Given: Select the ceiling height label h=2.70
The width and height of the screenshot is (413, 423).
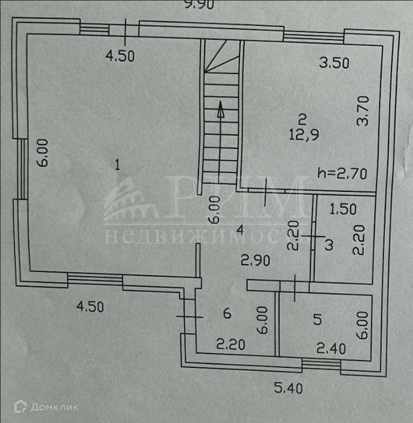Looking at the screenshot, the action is [x=343, y=173].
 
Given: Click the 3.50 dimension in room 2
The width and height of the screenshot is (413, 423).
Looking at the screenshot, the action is [x=335, y=62].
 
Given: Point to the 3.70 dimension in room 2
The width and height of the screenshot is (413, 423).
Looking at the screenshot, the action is [x=363, y=112].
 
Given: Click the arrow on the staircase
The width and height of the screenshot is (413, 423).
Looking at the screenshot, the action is [x=219, y=112].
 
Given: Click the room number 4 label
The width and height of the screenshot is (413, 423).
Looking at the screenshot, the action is [x=241, y=231].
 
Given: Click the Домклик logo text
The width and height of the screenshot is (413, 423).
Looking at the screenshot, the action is [x=37, y=407].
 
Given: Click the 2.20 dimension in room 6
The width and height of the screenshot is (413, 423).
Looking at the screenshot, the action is [x=231, y=345].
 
